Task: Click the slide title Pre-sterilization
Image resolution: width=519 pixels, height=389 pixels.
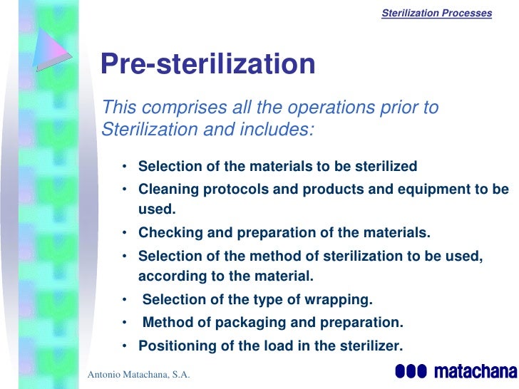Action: point(207,65)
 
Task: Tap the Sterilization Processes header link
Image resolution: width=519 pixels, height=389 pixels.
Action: point(437,13)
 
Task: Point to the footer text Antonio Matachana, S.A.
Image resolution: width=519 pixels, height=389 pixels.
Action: point(138,375)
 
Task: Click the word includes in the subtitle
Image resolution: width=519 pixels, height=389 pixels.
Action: point(279,130)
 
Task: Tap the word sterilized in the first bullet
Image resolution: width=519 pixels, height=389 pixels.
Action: point(386,167)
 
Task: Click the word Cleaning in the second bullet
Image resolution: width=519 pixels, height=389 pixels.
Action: point(167,190)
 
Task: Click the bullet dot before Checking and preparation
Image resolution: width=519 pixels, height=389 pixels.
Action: point(125,233)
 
